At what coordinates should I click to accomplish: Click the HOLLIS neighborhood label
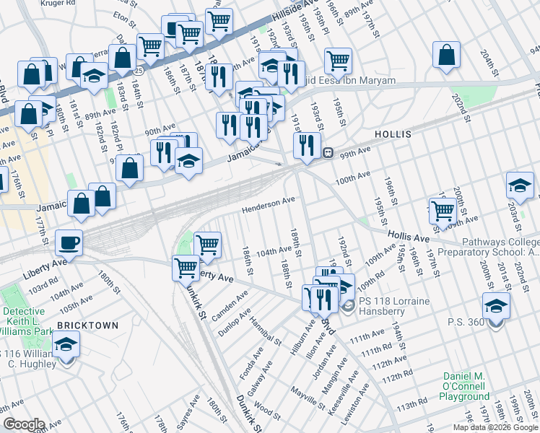point(393,135)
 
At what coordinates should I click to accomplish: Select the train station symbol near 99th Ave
point(328,153)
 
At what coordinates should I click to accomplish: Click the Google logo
point(24,424)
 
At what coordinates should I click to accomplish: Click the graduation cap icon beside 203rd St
point(520,185)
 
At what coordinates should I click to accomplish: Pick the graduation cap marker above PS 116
point(66,344)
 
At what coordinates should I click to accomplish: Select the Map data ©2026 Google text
point(495,427)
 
